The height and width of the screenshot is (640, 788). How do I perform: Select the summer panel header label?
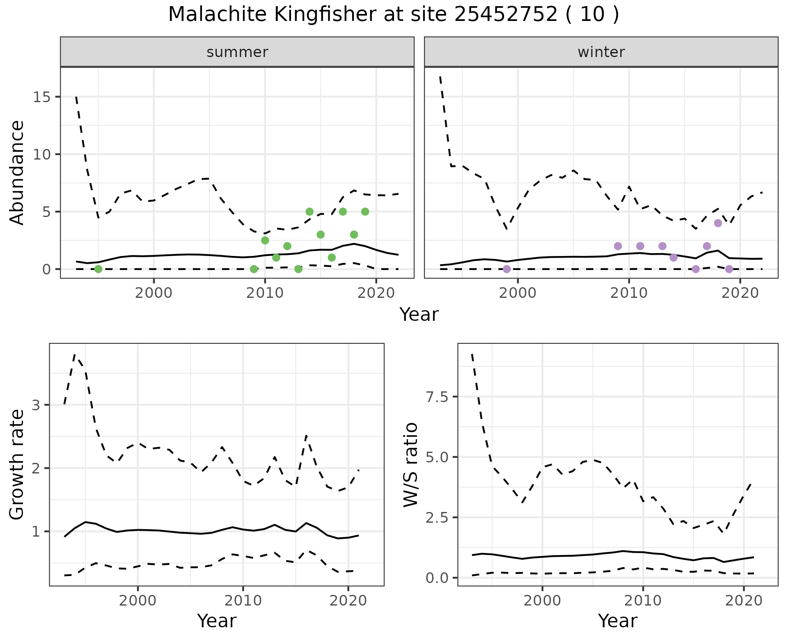tap(237, 52)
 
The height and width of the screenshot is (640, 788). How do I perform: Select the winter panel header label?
tap(601, 52)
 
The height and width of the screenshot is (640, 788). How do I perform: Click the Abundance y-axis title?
tap(17, 173)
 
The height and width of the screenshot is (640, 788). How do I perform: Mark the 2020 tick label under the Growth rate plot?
tap(348, 601)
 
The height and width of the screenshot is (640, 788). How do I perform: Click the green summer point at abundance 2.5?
tap(265, 240)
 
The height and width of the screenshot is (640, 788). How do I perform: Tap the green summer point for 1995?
tap(98, 269)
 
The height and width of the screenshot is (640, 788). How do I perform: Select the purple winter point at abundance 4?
tap(718, 223)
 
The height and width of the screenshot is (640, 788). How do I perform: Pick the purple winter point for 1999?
tap(507, 269)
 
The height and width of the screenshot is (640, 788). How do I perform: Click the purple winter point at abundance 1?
tap(673, 258)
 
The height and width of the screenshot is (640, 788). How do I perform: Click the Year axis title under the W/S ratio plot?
tap(617, 621)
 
